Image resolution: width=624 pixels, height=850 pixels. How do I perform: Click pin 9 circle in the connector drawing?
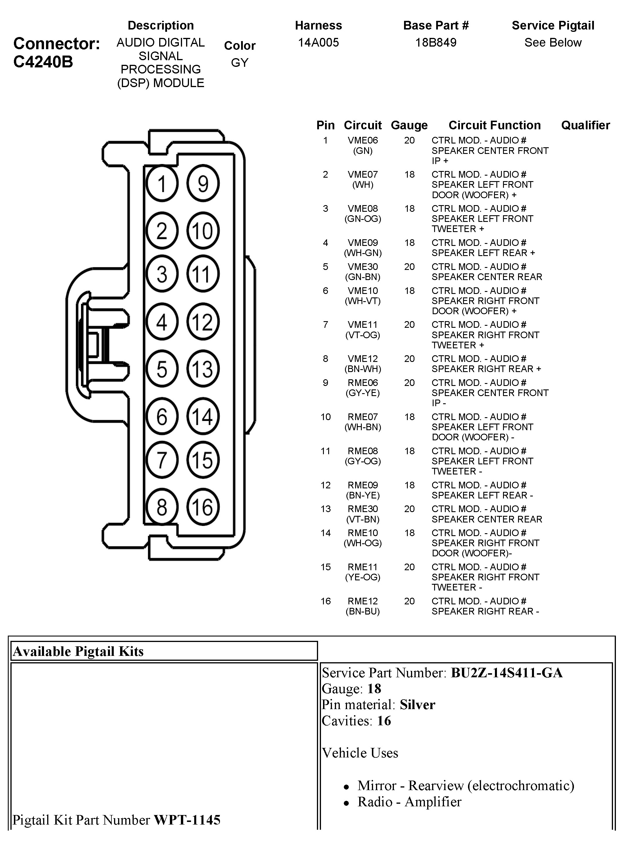click(203, 183)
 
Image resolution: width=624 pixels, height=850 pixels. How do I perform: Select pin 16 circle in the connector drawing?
click(203, 507)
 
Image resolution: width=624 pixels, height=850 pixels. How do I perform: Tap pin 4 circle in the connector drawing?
click(162, 322)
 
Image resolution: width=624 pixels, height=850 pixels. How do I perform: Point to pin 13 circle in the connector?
click(203, 369)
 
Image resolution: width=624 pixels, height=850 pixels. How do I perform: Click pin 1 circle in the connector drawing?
click(162, 183)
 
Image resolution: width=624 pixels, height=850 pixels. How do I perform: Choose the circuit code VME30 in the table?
click(363, 266)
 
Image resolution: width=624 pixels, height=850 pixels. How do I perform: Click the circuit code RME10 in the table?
click(363, 533)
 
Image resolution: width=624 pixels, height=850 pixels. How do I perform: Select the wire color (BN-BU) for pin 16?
click(363, 611)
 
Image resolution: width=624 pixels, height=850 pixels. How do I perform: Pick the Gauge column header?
click(409, 125)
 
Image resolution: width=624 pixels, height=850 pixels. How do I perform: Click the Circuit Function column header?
click(494, 125)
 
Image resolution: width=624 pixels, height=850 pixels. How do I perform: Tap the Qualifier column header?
click(586, 125)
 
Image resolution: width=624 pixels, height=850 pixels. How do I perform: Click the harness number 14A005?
click(318, 42)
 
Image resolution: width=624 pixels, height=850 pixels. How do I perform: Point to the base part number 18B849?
click(436, 42)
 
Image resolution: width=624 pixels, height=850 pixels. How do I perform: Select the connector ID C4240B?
click(43, 62)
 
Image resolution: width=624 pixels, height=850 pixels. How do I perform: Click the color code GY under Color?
click(240, 63)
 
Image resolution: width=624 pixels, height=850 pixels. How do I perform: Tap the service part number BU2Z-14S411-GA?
click(506, 673)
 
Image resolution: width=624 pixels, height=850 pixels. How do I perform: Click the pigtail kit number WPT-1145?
click(187, 820)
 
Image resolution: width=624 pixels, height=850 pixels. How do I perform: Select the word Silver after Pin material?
click(417, 704)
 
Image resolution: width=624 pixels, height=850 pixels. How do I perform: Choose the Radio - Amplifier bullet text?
click(410, 802)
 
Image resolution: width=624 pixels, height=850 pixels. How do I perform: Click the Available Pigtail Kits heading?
click(78, 651)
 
